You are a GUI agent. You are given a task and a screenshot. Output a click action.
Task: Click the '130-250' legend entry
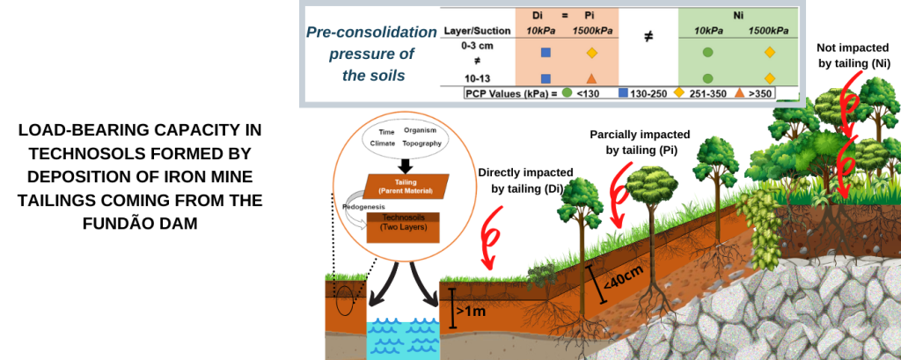pyautogui.click(x=649, y=92)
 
